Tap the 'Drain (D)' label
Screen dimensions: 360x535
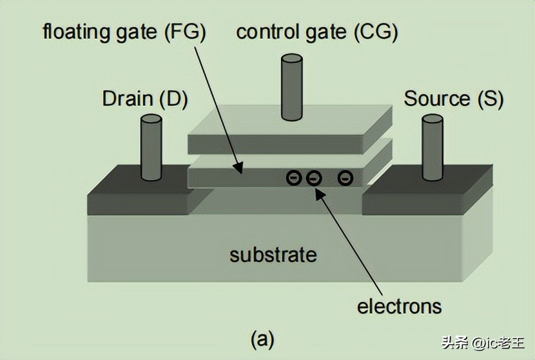144,99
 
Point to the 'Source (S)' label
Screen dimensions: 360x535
453,99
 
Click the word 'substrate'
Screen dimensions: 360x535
273,254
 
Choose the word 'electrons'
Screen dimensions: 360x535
400,305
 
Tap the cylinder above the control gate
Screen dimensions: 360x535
292,87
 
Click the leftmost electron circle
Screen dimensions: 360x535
293,177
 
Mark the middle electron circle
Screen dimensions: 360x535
314,177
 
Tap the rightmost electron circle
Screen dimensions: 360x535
345,177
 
